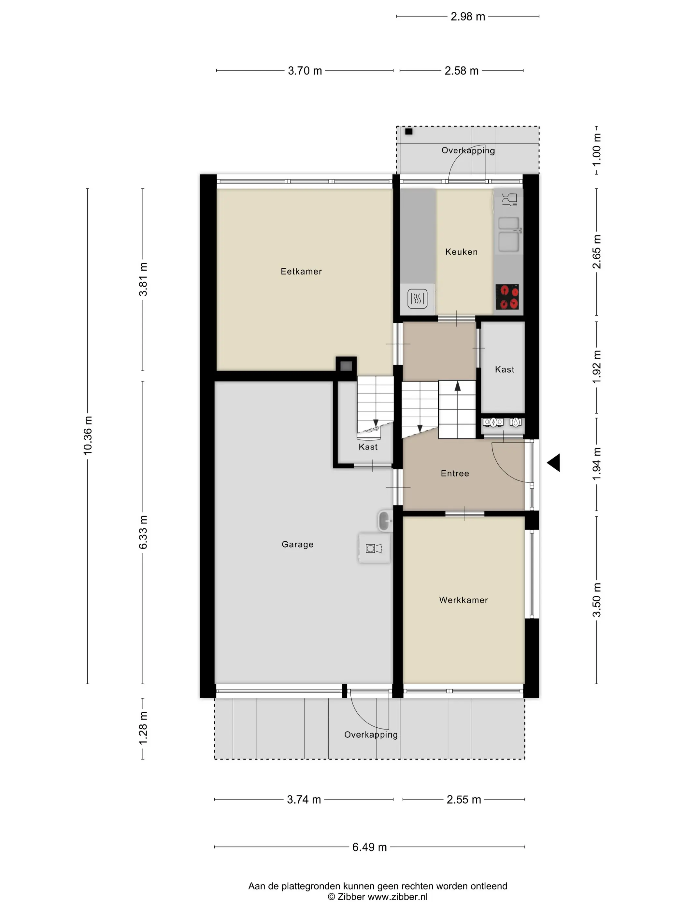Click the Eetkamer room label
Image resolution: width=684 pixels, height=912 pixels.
(x=301, y=271)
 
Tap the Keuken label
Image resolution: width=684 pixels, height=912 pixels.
(x=461, y=252)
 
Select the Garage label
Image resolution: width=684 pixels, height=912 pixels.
(x=298, y=545)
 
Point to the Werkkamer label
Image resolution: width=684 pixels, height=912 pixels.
(x=463, y=600)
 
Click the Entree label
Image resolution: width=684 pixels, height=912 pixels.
(x=455, y=474)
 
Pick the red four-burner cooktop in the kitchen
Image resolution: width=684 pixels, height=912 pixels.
(x=507, y=297)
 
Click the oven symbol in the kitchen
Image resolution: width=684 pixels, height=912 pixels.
(x=417, y=298)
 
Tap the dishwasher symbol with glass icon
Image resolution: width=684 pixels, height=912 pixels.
(x=510, y=200)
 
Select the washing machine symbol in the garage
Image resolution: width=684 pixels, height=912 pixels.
(x=374, y=549)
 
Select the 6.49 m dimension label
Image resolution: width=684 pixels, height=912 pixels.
(x=369, y=847)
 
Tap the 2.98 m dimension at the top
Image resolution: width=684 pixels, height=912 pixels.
(x=467, y=17)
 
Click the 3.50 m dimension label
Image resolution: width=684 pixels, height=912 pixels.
(x=597, y=600)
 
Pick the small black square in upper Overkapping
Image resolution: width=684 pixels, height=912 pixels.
(x=408, y=132)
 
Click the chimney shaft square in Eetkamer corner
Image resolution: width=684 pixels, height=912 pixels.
(x=346, y=366)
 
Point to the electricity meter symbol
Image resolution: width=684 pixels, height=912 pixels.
(x=493, y=422)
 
